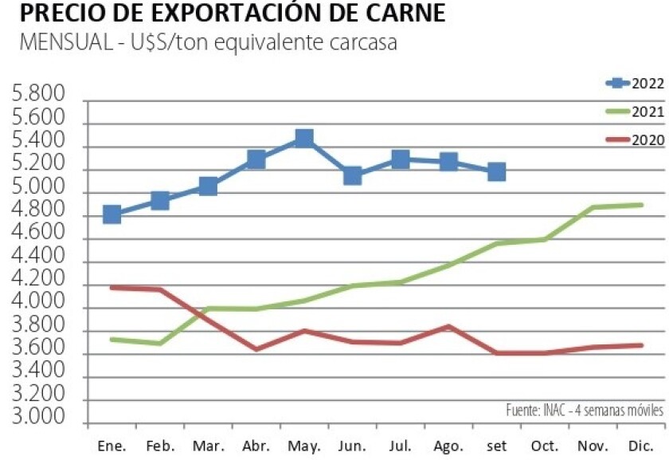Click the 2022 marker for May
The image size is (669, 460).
(x=303, y=139)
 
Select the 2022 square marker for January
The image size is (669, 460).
(x=112, y=214)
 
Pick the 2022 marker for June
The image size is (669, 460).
(x=352, y=175)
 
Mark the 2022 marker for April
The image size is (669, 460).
(x=256, y=159)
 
